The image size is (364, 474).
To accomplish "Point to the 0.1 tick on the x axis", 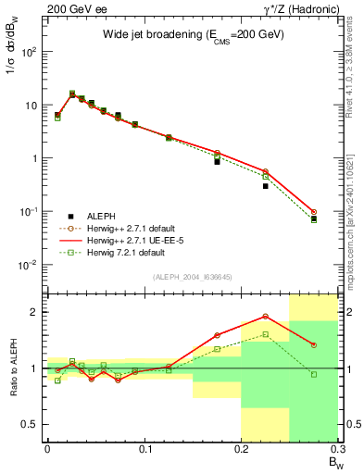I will [144, 449].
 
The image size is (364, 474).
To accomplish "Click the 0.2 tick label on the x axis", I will [241, 449].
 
